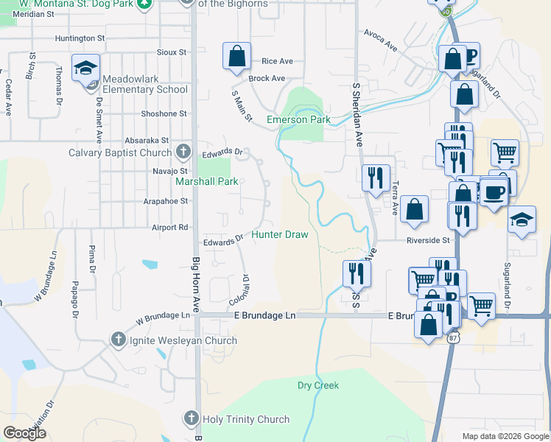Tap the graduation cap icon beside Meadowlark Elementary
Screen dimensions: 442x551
(x=86, y=68)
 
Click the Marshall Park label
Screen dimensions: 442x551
(x=206, y=180)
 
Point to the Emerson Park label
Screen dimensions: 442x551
(x=298, y=119)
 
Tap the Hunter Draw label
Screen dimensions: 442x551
(x=279, y=234)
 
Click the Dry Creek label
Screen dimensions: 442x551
(x=318, y=385)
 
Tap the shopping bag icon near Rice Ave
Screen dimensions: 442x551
(x=236, y=56)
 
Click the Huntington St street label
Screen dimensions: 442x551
(x=80, y=38)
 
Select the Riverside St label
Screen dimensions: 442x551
(x=427, y=240)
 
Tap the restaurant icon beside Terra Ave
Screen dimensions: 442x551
(x=376, y=177)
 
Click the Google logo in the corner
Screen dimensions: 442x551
(x=24, y=433)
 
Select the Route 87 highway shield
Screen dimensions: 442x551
(x=453, y=337)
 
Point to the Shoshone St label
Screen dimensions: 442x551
(x=164, y=113)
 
